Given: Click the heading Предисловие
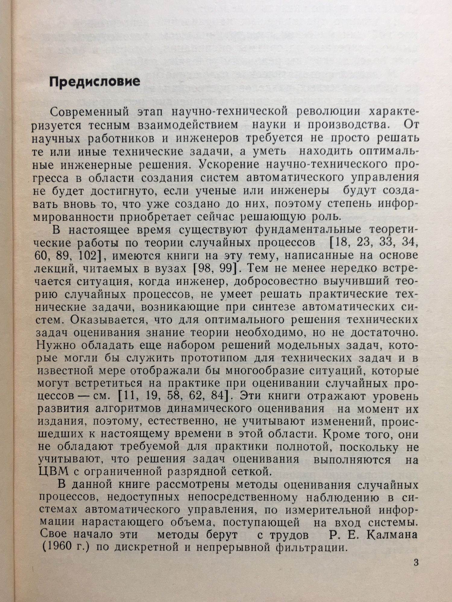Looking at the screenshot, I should [95, 81].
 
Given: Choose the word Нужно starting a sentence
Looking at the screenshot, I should [55, 346].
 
